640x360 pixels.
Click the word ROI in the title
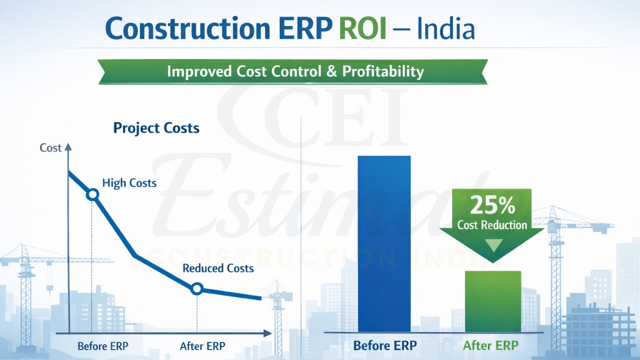coord(362,29)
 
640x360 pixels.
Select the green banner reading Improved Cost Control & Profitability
coord(295,71)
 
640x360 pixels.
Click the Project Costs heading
coord(156,128)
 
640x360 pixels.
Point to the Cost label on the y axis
coord(50,148)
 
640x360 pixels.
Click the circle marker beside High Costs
coord(92,194)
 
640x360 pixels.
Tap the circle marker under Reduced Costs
coord(197,288)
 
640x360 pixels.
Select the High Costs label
coord(129,183)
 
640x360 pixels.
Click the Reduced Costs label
coord(218,268)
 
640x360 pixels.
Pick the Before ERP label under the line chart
coord(103,346)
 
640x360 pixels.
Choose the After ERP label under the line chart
coord(202,346)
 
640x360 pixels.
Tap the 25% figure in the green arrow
coord(492,205)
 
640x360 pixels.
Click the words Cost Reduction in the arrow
coord(492,225)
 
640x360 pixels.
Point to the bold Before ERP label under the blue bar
coord(384,345)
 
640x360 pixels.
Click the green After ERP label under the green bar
coord(490,345)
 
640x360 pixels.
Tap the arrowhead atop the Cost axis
coord(68,147)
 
